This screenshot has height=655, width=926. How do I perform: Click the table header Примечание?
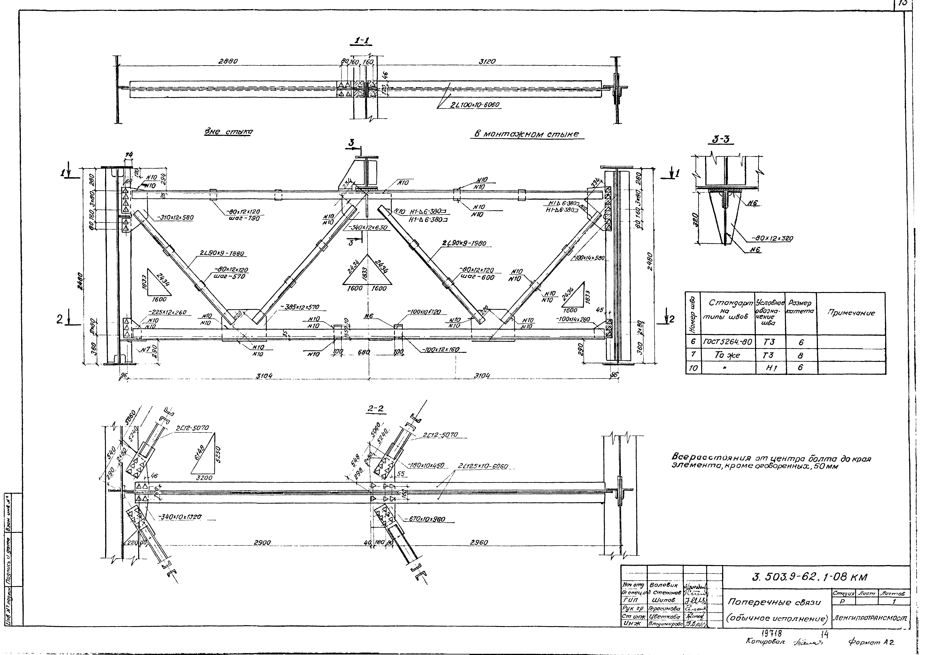click(x=851, y=313)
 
